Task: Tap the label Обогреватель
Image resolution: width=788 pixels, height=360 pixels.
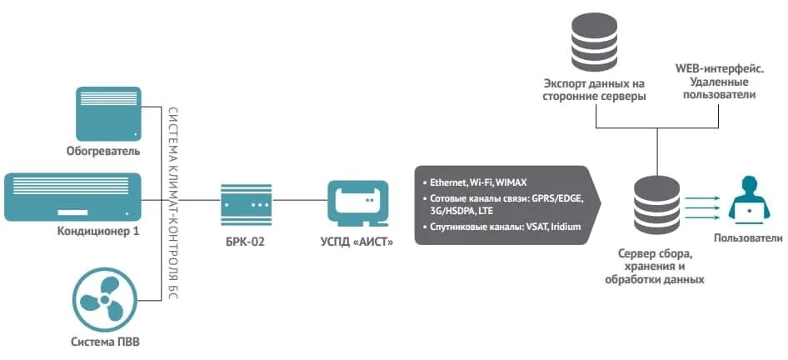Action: click(103, 152)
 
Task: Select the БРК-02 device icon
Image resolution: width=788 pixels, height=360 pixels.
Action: click(247, 201)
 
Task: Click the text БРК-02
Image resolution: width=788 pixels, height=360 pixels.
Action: click(246, 242)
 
